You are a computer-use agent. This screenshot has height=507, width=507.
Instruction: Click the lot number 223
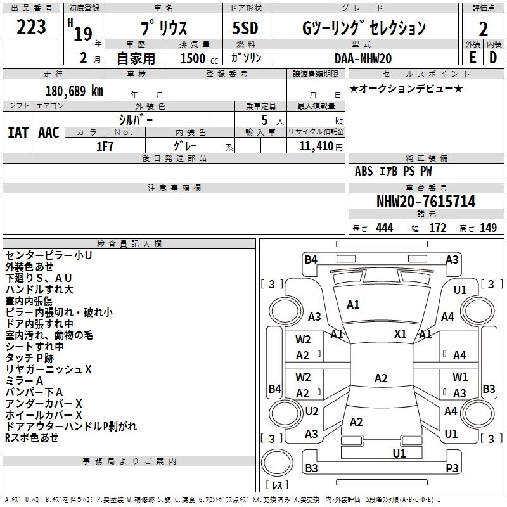tap(31, 27)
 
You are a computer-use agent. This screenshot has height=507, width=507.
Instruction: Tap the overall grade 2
tap(483, 29)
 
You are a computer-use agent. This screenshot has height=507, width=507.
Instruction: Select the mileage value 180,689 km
tap(74, 91)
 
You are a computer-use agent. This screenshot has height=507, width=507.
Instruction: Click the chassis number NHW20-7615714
tap(426, 202)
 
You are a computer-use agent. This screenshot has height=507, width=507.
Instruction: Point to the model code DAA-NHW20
tap(363, 58)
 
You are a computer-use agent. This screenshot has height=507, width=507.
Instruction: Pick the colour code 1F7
tap(105, 146)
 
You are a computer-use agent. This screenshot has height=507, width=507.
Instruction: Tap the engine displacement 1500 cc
tap(199, 58)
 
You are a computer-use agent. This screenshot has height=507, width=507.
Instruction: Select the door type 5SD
tap(245, 28)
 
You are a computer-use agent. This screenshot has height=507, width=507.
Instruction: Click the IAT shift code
tap(18, 132)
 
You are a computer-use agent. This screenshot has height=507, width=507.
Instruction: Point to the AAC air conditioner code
tap(49, 132)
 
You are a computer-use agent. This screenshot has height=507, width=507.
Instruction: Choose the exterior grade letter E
tap(473, 58)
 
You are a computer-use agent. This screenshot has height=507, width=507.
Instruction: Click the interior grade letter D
tap(493, 58)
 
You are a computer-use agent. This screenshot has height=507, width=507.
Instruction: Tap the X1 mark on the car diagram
tap(401, 334)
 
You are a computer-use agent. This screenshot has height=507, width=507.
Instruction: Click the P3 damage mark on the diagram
tap(452, 468)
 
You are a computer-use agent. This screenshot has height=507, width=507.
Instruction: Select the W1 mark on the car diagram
tap(460, 376)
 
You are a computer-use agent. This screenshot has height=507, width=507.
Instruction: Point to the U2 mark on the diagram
tap(312, 411)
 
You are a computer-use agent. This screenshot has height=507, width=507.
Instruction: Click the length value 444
tap(385, 228)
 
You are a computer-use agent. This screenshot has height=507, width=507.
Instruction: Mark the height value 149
tap(488, 228)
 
